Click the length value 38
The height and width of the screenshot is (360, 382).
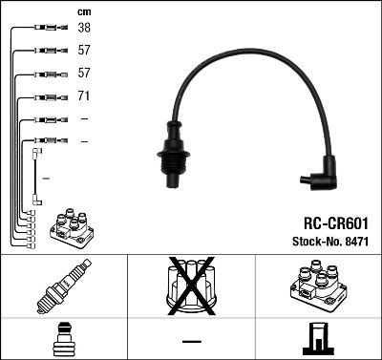84,29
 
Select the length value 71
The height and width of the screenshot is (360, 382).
84,96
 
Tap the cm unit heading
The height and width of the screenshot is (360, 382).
83,11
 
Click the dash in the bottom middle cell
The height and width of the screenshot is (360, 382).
191,340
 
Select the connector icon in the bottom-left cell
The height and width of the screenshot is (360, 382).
63,340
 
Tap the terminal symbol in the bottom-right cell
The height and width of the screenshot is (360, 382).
318,340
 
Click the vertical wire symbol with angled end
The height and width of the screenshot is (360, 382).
37,176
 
